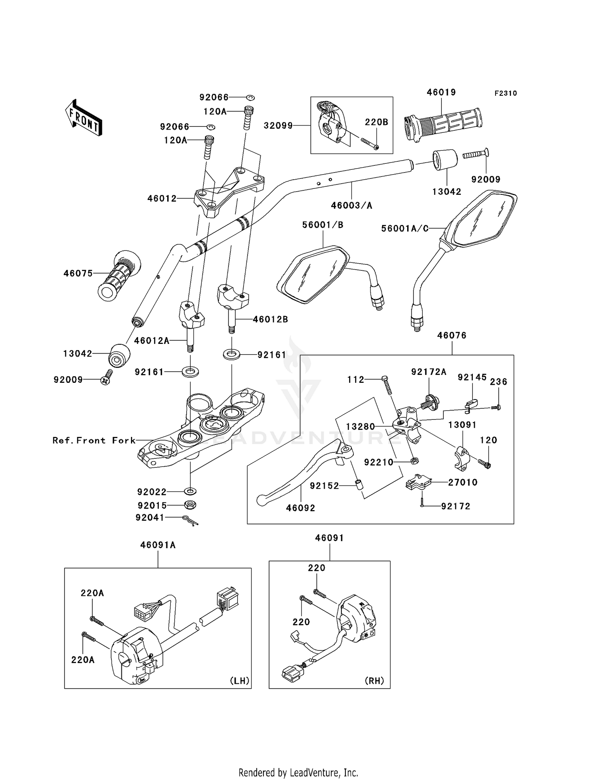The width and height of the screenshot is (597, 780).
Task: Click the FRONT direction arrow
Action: coord(84,117)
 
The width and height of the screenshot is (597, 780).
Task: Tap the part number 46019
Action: coord(441,92)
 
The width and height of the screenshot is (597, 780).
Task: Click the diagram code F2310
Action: coord(505,93)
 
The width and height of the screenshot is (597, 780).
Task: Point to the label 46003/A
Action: coord(351,206)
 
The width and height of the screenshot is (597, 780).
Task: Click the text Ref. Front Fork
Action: coord(94,440)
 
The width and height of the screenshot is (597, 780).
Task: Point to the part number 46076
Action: coord(452,336)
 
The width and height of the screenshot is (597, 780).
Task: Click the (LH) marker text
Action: coord(240,681)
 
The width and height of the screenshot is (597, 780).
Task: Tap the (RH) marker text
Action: coord(375,681)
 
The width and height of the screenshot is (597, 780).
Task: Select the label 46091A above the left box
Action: coord(158,545)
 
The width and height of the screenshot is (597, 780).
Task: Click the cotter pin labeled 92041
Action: coord(190,520)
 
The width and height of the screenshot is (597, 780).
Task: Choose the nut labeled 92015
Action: coord(190,505)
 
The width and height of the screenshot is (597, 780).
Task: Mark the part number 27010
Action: coord(462,482)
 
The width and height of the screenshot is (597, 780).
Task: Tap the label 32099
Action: coord(278,126)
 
